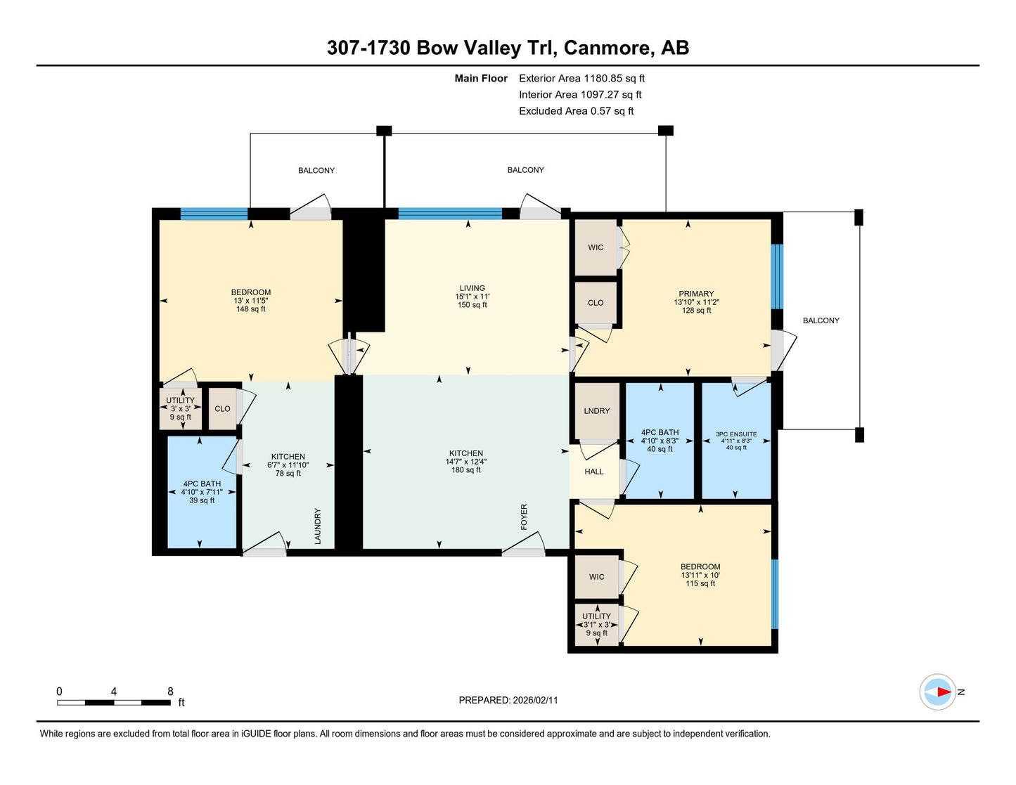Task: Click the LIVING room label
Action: pos(472,288)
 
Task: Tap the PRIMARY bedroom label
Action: pos(696,294)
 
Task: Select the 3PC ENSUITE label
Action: pos(736,434)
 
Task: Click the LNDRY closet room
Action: pos(597,411)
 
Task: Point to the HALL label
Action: pos(594,472)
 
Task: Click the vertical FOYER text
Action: pos(524,517)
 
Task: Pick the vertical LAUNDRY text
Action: pos(318,526)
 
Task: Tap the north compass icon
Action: pos(937,692)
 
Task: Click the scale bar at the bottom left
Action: pos(114,702)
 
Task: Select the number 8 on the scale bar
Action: pos(170,691)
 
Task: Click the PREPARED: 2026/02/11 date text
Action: pos(508,700)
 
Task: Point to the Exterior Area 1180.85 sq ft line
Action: pos(581,79)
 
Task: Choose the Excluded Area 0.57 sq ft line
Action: pos(576,111)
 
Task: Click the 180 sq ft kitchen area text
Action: pos(465,470)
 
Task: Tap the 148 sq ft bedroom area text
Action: pos(251,309)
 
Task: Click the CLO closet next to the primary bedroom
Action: pos(596,303)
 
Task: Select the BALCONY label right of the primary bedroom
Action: pos(821,320)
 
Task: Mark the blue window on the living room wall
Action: pos(450,214)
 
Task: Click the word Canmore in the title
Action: pos(607,48)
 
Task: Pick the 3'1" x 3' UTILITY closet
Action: pos(597,625)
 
